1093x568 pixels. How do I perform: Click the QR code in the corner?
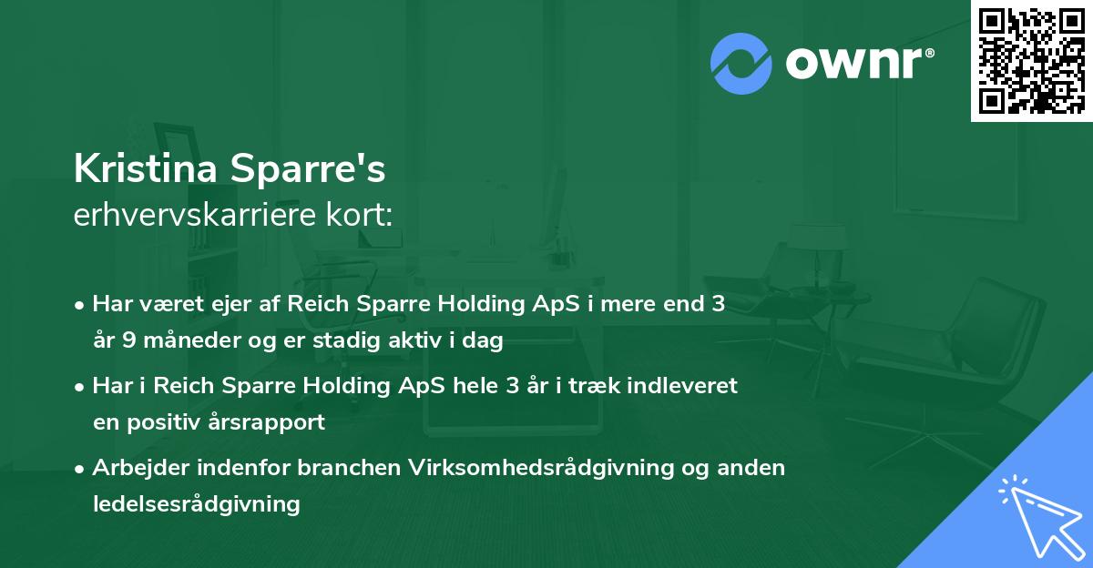pos(1032,60)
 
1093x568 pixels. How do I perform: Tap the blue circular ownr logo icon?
pos(741,64)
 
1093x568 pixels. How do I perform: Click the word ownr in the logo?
pos(857,64)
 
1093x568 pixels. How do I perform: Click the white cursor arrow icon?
pos(1039,514)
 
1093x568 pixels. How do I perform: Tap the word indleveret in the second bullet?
pos(689,386)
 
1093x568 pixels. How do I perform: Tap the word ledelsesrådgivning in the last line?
pos(196,503)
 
